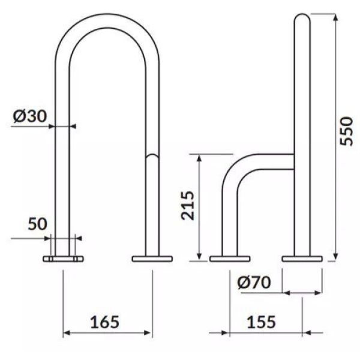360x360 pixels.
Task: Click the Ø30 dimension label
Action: tap(30, 116)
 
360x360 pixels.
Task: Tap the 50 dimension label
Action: tap(37, 224)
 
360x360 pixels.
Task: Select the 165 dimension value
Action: tap(104, 322)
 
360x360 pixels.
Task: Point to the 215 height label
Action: tap(188, 205)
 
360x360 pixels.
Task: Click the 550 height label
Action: tap(346, 131)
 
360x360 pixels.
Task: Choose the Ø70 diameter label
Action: tap(254, 282)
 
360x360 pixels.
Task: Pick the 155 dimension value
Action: tap(261, 322)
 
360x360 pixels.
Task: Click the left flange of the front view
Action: tap(63, 259)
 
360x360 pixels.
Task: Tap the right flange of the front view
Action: tap(152, 259)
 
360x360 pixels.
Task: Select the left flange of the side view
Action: tap(230, 259)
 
